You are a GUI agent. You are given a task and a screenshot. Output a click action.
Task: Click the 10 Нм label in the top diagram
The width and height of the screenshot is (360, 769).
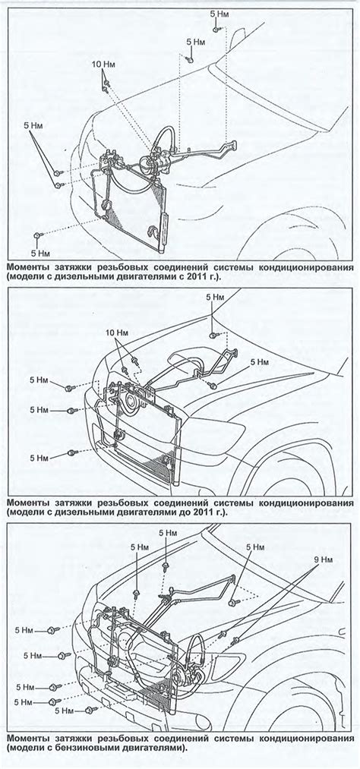tap(104, 64)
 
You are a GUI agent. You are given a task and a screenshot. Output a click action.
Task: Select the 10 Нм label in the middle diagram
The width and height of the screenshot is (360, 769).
tap(117, 332)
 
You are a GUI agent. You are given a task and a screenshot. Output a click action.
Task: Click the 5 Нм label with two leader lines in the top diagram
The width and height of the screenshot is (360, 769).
tap(33, 125)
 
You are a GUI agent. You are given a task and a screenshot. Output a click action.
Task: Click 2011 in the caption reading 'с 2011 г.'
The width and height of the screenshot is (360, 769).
tap(191, 277)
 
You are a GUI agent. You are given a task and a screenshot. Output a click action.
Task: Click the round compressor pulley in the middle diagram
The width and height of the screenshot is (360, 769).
tap(131, 403)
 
